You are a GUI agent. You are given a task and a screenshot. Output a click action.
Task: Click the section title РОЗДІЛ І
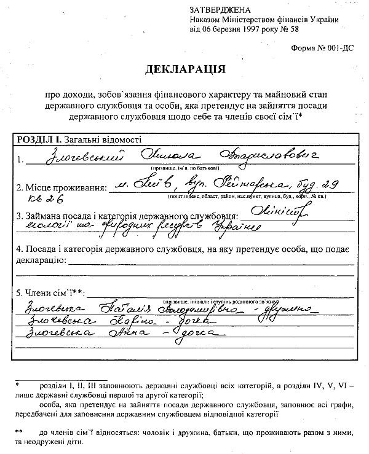point(38,139)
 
